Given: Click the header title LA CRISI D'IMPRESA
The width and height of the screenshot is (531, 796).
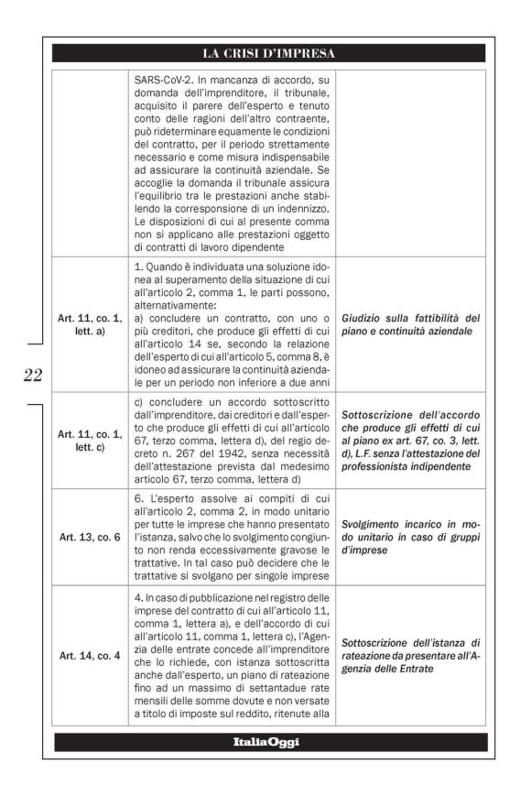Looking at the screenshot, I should [269, 53].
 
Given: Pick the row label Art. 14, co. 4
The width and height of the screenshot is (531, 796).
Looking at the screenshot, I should [89, 657].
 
